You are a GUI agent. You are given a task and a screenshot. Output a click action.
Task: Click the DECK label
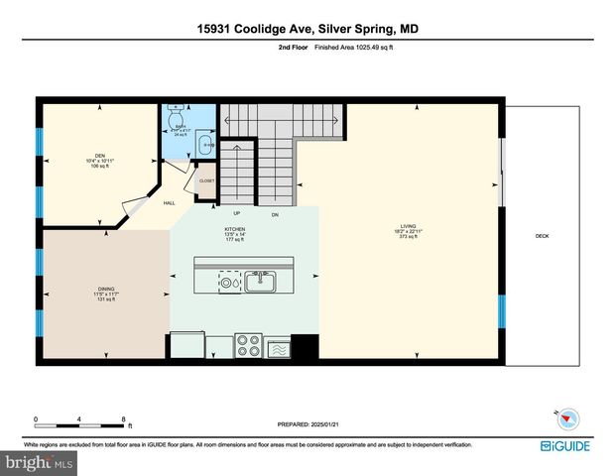[x=542, y=236]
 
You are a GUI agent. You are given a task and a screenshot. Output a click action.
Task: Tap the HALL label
[x=170, y=203]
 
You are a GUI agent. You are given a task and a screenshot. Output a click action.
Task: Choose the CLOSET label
[x=207, y=181]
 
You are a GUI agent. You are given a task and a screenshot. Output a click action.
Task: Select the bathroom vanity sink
[x=207, y=146]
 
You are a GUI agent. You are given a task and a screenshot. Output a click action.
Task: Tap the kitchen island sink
[x=262, y=280]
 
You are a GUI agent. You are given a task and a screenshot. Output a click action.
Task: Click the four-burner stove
[x=247, y=347]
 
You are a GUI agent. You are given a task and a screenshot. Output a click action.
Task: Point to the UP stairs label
[x=236, y=213]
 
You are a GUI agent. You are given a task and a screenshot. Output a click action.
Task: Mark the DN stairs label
[x=273, y=213]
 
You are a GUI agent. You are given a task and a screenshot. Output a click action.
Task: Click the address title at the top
[x=308, y=29]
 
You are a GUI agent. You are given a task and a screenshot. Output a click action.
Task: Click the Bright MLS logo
[x=38, y=463]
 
